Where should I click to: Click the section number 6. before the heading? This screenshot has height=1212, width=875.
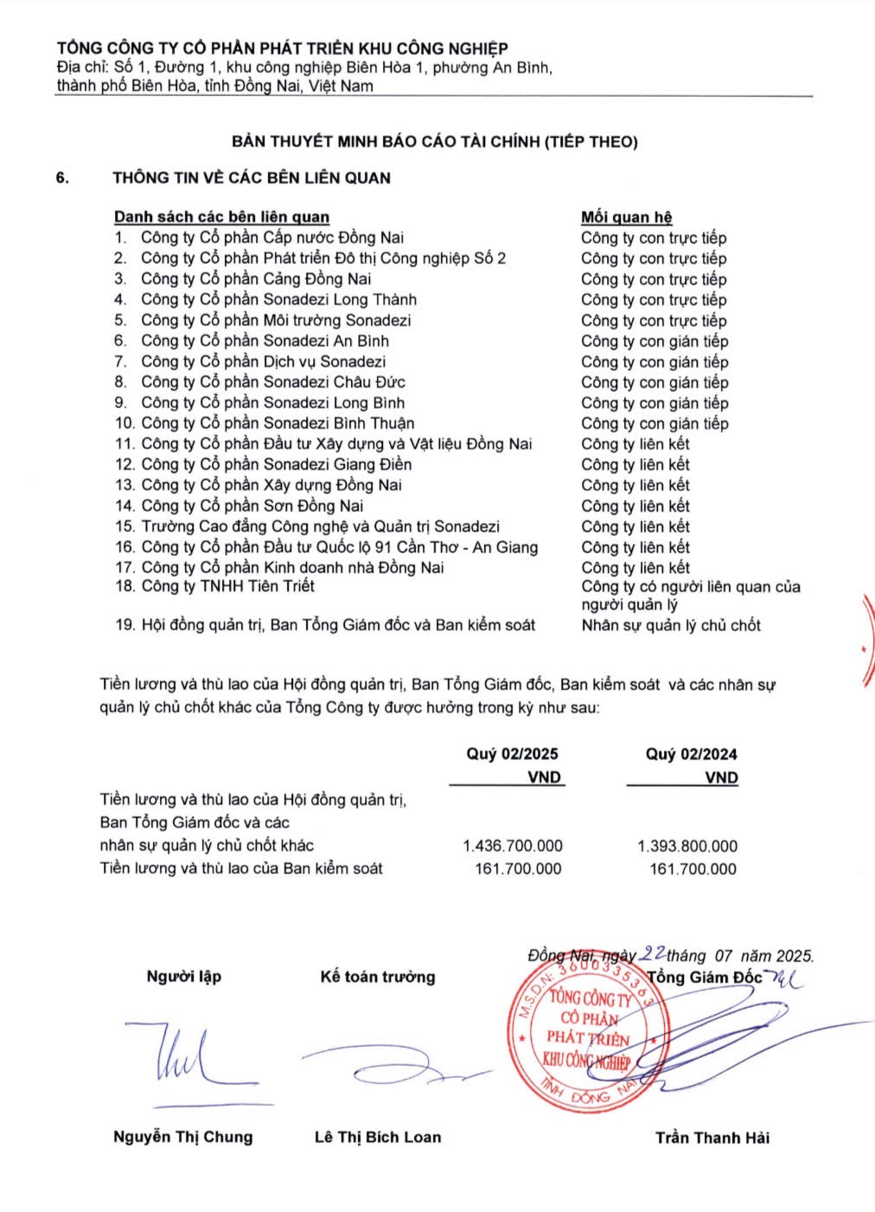tap(62, 178)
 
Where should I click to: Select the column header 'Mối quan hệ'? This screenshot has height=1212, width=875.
tap(626, 217)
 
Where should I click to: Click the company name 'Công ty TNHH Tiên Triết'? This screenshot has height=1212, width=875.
tap(227, 586)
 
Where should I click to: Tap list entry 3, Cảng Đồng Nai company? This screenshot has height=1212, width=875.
tap(256, 278)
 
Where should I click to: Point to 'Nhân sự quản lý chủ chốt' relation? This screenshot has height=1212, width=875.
tap(671, 625)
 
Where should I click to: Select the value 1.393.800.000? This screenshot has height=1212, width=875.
tap(687, 846)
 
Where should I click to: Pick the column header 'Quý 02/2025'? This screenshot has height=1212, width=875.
tap(512, 754)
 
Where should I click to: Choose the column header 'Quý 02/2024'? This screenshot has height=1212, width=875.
tap(691, 754)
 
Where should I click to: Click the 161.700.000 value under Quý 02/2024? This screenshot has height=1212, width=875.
tap(693, 869)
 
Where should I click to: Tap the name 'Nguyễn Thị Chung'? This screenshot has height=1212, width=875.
tap(183, 1137)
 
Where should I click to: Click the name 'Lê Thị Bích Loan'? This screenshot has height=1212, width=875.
tap(378, 1137)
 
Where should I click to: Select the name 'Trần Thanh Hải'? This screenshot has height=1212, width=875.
tap(712, 1138)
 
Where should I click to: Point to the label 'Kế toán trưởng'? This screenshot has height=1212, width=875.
tap(378, 977)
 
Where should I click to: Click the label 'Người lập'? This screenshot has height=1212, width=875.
tap(184, 977)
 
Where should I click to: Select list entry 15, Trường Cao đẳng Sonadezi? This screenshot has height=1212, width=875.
tap(320, 526)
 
